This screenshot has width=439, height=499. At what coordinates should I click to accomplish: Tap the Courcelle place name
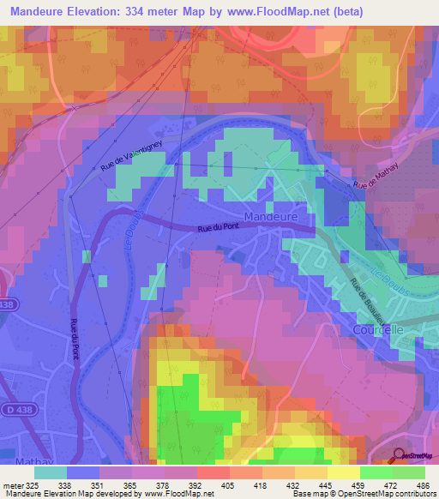(x=376, y=328)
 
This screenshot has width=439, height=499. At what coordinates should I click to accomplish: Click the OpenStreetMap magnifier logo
(x=399, y=456)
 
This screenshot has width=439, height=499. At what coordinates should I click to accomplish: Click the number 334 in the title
(x=154, y=12)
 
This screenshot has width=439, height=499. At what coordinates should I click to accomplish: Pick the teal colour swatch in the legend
(x=51, y=472)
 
